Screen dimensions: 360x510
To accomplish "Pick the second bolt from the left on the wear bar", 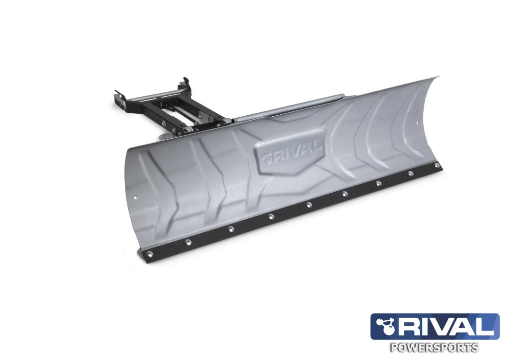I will pos(190,241).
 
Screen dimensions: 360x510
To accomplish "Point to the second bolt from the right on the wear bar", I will pos(411,173).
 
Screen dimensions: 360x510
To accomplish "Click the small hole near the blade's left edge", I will pos(135,197).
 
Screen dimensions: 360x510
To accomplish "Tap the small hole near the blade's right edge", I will pos(418,122).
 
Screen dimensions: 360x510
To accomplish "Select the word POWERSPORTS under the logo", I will pos(434,348).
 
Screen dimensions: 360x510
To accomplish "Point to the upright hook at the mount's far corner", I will pos(185,81).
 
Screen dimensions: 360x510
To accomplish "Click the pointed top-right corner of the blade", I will pos(438,78).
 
